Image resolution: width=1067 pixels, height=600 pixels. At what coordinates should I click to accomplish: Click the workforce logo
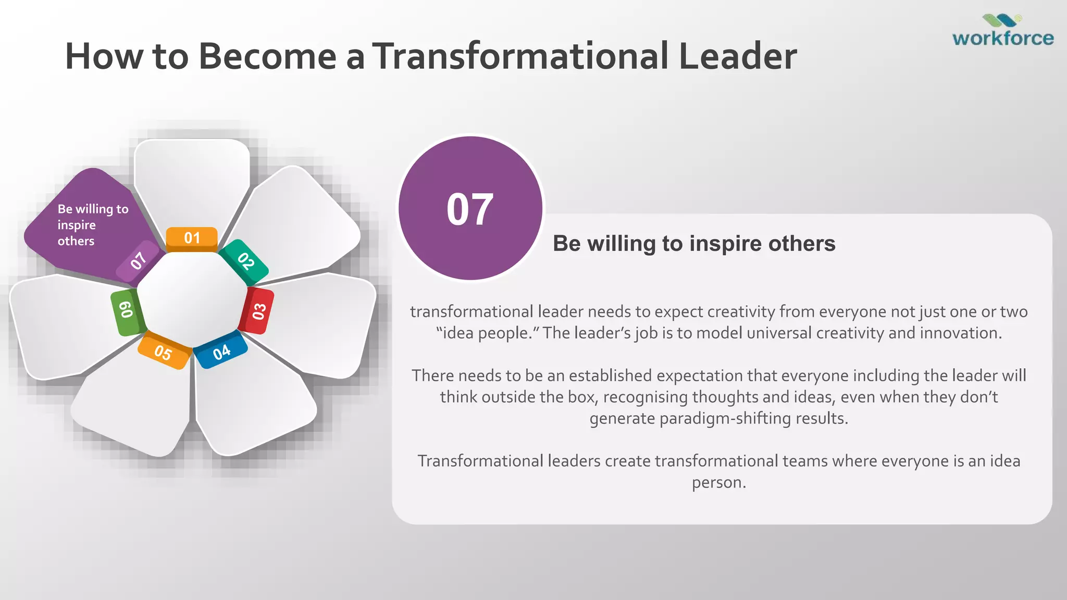tap(1002, 31)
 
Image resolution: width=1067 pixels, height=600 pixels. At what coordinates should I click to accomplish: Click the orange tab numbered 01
tap(192, 239)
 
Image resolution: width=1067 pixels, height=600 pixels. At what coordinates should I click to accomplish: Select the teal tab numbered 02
tap(244, 260)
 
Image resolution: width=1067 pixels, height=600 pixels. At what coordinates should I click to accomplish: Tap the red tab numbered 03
tap(258, 311)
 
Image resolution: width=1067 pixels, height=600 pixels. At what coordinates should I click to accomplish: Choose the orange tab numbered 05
tap(163, 353)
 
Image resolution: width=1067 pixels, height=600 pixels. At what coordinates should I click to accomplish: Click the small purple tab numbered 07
tap(138, 260)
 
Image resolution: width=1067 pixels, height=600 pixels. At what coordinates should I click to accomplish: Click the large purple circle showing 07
tap(470, 208)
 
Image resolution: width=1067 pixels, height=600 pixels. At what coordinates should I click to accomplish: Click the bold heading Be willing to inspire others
tap(694, 244)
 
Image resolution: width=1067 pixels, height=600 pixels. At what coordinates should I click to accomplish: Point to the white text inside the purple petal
tap(92, 224)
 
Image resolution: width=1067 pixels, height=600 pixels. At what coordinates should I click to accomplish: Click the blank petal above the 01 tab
tap(192, 180)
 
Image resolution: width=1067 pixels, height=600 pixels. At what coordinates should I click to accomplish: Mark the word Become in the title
tap(267, 56)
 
